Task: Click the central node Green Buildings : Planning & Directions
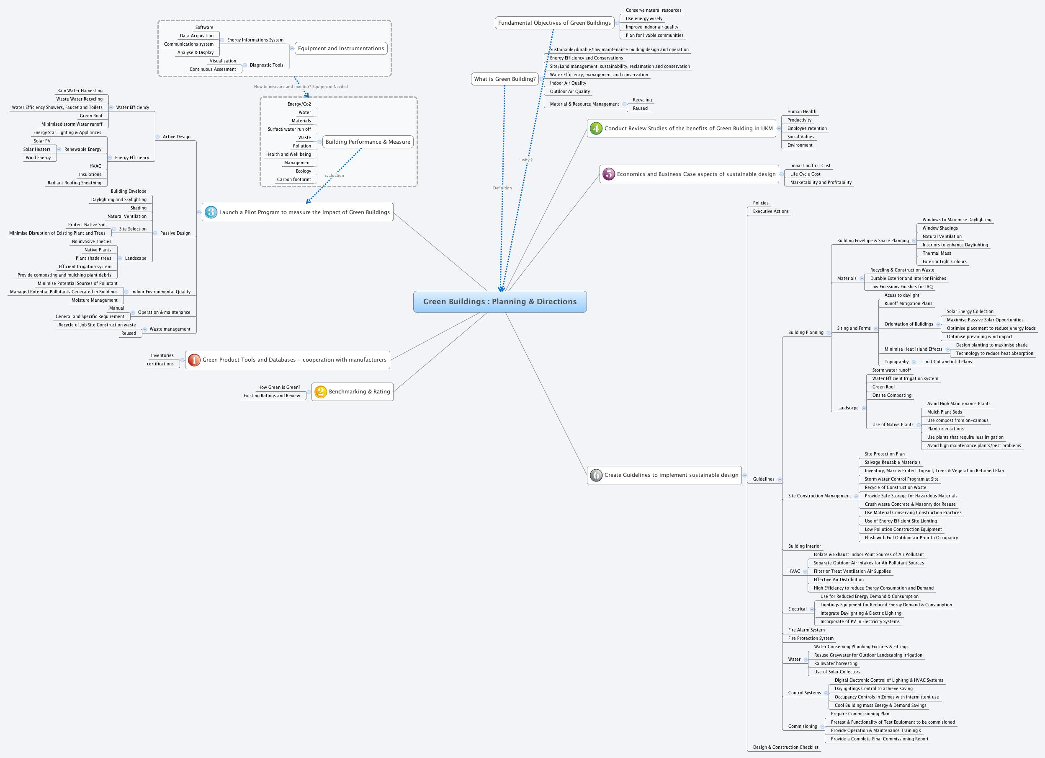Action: [x=499, y=302]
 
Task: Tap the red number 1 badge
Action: [x=194, y=360]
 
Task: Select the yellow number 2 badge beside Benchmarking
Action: [x=320, y=391]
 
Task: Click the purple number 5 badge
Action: [x=609, y=174]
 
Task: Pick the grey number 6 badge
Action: [x=596, y=475]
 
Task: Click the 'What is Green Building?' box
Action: [x=504, y=79]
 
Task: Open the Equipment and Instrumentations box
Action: [x=340, y=49]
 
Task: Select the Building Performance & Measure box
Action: [x=368, y=142]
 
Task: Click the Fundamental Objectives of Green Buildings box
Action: [x=554, y=23]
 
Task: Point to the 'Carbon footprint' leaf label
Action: [x=294, y=179]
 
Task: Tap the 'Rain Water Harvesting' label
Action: [x=80, y=91]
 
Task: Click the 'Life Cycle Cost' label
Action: [x=805, y=174]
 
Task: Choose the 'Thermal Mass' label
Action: [x=936, y=253]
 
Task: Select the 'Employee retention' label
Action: [x=807, y=128]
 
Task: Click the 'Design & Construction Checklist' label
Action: [x=785, y=747]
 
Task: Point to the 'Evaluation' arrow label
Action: [x=334, y=175]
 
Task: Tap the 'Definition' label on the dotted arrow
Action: [x=502, y=188]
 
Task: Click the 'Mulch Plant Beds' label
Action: [x=944, y=412]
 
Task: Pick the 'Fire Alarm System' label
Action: [x=806, y=630]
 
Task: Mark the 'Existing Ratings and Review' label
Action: [x=271, y=396]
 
